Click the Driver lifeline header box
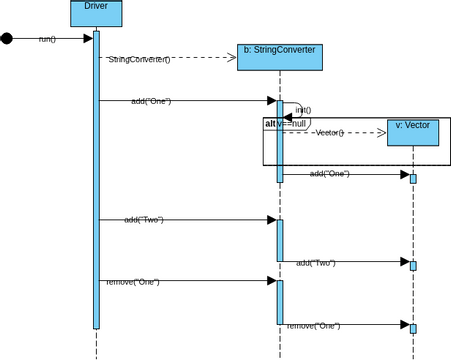(x=96, y=13)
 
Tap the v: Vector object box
(x=413, y=132)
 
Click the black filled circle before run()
(x=7, y=39)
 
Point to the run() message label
(x=47, y=39)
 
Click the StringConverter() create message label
(x=139, y=59)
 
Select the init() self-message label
(x=303, y=110)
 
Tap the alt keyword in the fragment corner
(x=269, y=124)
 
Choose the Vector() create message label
(x=329, y=132)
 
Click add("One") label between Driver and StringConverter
(x=150, y=101)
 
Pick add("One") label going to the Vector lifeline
(x=329, y=174)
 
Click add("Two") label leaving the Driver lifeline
(x=143, y=219)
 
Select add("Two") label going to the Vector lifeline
(x=315, y=262)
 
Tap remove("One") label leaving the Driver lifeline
(x=133, y=282)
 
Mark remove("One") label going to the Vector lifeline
(x=313, y=325)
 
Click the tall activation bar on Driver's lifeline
(x=96, y=180)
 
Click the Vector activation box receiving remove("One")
(x=413, y=328)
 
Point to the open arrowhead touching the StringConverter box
(x=231, y=58)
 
